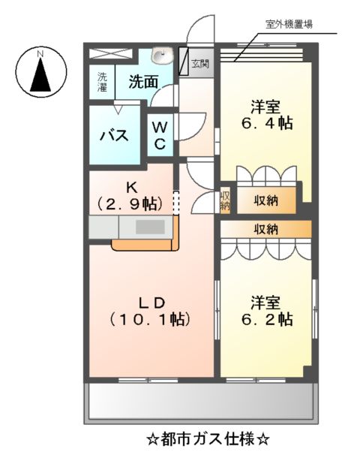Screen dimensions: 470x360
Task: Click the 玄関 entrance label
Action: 199,63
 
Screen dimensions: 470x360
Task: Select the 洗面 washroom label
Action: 142,82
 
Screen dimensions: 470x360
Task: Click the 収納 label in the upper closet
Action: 265,200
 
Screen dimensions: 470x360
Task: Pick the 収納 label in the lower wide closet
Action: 265,229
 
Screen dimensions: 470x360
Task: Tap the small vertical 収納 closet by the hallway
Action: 225,200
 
